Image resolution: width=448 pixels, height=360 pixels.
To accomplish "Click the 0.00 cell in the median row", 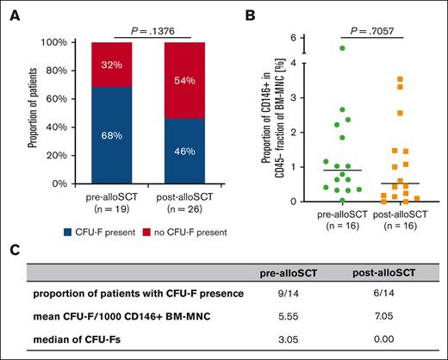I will [x=386, y=338].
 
